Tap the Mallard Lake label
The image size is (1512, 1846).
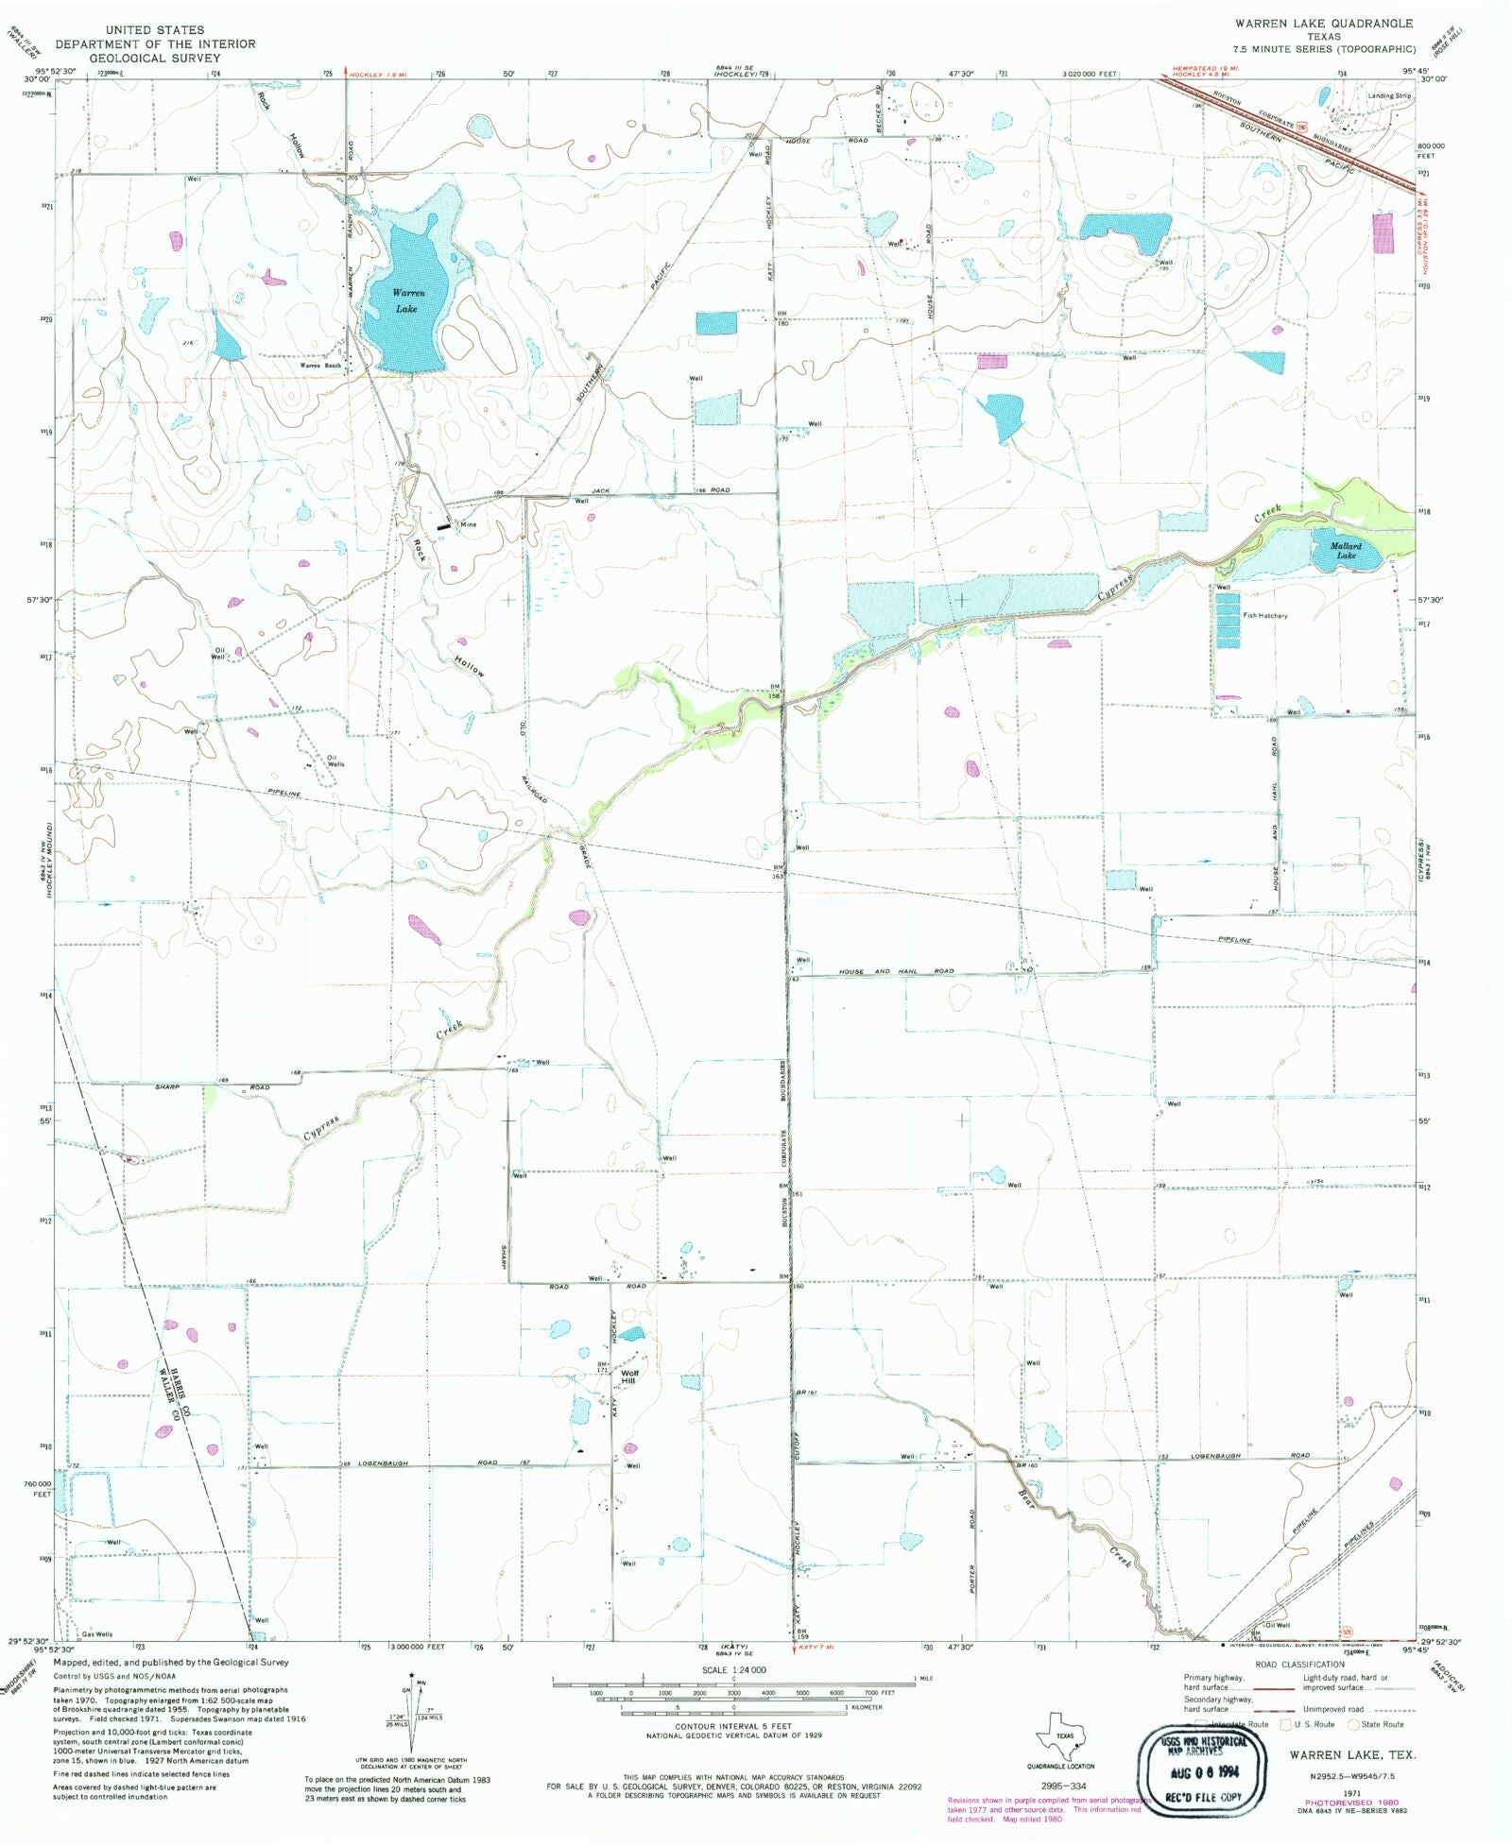coord(1346,551)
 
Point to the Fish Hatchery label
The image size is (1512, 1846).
coord(1264,615)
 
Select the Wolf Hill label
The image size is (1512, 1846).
coord(629,1377)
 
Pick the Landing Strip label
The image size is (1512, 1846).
coord(1390,95)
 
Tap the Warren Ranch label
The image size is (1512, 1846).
coord(320,366)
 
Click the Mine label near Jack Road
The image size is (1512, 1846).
coord(469,524)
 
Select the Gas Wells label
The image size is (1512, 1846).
coord(97,1634)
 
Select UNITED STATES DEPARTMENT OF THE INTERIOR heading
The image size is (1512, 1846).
coord(154,43)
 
